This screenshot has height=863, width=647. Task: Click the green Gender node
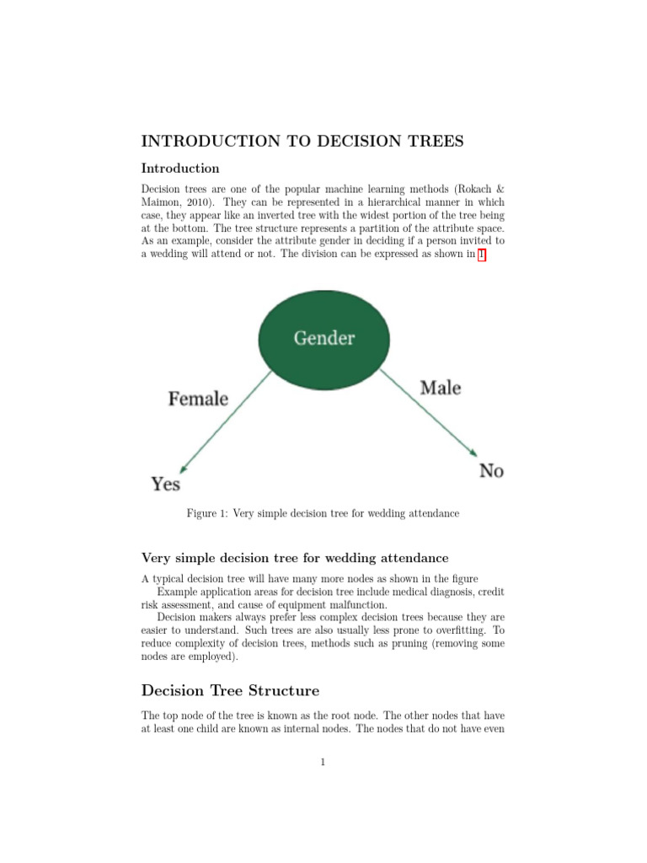click(324, 338)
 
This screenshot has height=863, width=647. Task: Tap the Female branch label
click(198, 399)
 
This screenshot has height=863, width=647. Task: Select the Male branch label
click(441, 389)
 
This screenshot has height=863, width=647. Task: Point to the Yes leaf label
click(166, 484)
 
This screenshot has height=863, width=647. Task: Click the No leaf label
click(491, 470)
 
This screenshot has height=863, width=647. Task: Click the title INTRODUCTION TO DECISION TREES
click(302, 141)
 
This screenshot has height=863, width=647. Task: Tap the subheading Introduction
click(180, 169)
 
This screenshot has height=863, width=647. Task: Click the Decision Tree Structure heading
click(230, 691)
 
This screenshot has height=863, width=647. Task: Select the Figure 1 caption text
click(323, 513)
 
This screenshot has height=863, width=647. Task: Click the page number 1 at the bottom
click(323, 764)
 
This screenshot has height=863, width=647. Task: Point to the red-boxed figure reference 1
click(482, 256)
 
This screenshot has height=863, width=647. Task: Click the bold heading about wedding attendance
click(295, 558)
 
